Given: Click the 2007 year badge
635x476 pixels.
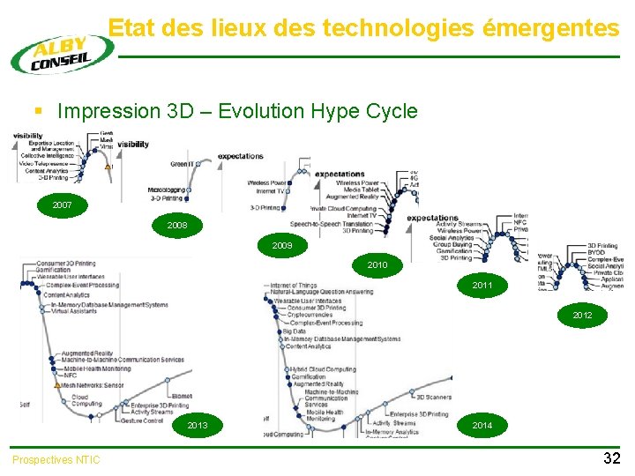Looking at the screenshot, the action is pos(63,205).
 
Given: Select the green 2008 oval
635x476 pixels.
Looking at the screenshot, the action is pos(177,226).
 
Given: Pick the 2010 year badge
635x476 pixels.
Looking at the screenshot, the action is pos(377,264).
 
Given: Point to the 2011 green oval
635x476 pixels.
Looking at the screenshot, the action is pos(482,286).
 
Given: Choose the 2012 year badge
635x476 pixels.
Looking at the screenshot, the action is pos(582,315).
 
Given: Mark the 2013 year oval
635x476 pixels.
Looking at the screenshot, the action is pos(198,426).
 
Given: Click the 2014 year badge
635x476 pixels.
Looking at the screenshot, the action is pos(482,426).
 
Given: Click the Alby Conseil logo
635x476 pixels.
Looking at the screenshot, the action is pos(61,53).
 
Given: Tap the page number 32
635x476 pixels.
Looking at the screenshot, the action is pos(611,458).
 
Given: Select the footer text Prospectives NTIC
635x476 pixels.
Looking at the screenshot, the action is pos(56,459).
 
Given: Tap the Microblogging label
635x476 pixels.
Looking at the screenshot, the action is pos(167,190).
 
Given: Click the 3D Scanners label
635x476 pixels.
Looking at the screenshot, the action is pos(432,397).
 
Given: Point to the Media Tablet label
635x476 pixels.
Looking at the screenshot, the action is pos(362,190).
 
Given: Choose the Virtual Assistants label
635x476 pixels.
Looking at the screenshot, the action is pos(74,311).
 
